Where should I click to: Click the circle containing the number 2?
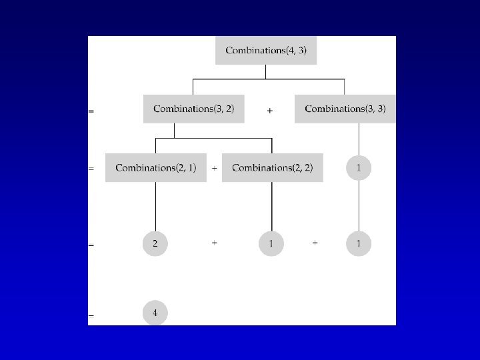pyautogui.click(x=155, y=244)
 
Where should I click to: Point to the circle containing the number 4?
pyautogui.click(x=155, y=312)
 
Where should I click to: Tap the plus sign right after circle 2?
pyautogui.click(x=214, y=243)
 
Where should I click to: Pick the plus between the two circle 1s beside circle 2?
pyautogui.click(x=315, y=243)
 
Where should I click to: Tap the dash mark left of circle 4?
pyautogui.click(x=91, y=315)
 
